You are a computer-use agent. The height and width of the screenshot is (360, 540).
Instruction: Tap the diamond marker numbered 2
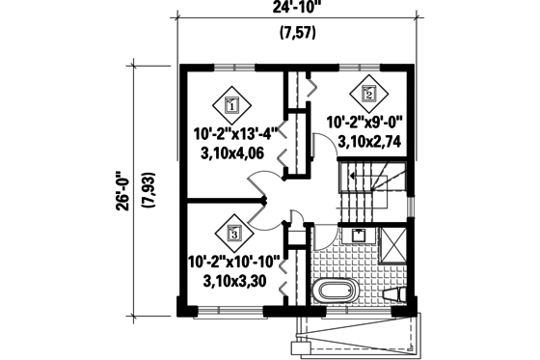pos(367,94)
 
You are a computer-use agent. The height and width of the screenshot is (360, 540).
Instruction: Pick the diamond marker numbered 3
pos(233,232)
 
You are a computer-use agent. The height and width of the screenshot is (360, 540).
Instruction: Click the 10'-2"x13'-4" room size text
pos(235,133)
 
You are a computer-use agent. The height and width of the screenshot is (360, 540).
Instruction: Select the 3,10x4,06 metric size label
pos(235,152)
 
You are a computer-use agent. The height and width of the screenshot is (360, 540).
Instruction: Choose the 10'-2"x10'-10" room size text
pos(235,261)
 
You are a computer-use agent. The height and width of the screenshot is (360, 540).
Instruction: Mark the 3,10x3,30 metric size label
pos(235,280)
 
